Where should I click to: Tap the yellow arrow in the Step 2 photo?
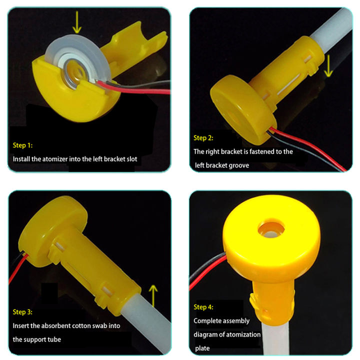(328, 66)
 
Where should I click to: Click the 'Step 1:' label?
(22, 145)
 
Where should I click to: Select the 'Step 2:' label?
(203, 137)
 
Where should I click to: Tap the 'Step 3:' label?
(22, 312)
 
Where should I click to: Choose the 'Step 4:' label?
(203, 307)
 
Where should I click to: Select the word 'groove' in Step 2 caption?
(238, 164)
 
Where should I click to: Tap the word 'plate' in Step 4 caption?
(202, 348)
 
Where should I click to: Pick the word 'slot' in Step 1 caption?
(143, 159)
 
